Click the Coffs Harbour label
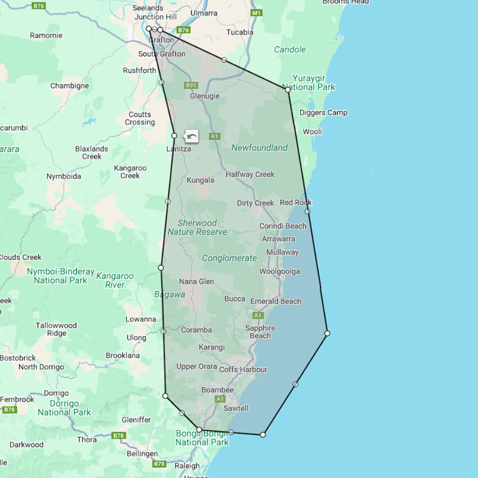(x=243, y=370)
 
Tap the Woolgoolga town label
(x=279, y=271)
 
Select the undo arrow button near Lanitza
(x=192, y=136)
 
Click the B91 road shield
(x=191, y=86)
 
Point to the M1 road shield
(x=257, y=13)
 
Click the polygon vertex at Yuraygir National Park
(x=288, y=90)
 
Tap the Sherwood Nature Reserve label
(x=197, y=227)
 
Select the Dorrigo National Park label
(x=64, y=407)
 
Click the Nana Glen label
(x=197, y=281)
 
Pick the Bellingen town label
(x=142, y=454)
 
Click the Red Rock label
(x=296, y=202)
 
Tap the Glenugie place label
(x=204, y=96)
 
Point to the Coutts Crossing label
(x=140, y=118)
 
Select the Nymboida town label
(x=64, y=176)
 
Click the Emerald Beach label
(x=276, y=301)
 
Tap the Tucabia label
(x=240, y=32)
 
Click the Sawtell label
(x=236, y=408)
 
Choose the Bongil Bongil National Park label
(x=202, y=438)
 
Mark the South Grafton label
(x=161, y=54)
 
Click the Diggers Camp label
(x=323, y=113)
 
